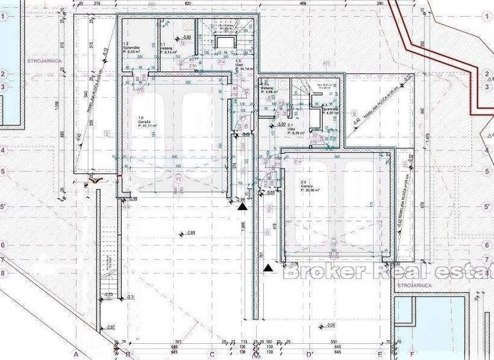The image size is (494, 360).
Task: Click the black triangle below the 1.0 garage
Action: point(242,206)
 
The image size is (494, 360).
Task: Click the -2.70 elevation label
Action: point(109,294)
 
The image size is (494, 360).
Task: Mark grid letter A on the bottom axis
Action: point(76,355)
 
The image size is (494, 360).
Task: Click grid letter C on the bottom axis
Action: point(212,355)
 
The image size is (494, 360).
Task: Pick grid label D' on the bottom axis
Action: point(309,355)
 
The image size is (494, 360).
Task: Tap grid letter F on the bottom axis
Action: point(412,355)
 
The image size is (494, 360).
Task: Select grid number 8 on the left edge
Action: point(3,272)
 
